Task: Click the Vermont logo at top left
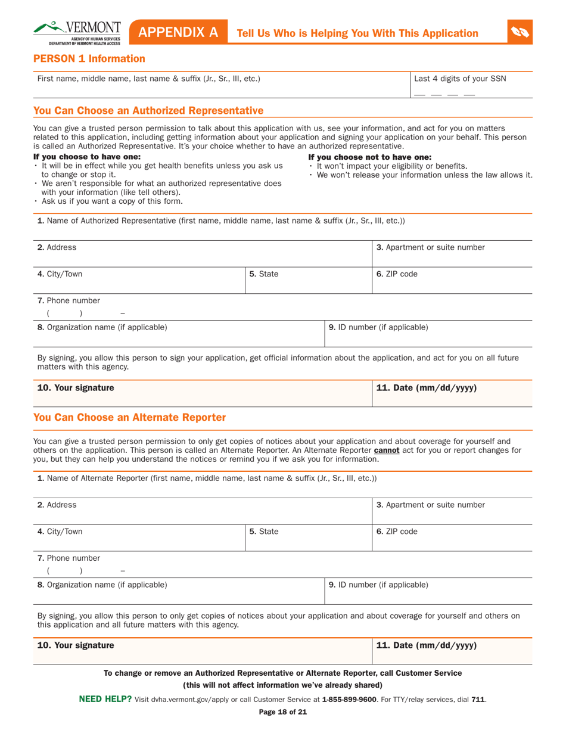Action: pyautogui.click(x=78, y=33)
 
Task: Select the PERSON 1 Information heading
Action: pyautogui.click(x=89, y=58)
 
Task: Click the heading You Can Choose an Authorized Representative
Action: pyautogui.click(x=148, y=110)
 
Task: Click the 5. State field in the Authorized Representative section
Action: pyautogui.click(x=307, y=280)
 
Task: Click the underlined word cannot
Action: pyautogui.click(x=387, y=450)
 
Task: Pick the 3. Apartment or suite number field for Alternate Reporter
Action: pyautogui.click(x=451, y=511)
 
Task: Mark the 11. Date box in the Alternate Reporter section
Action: pyautogui.click(x=451, y=651)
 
